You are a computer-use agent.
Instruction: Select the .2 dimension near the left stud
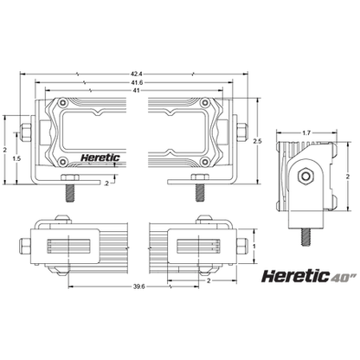point(106,183)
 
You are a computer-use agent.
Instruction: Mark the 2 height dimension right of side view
point(346,175)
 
